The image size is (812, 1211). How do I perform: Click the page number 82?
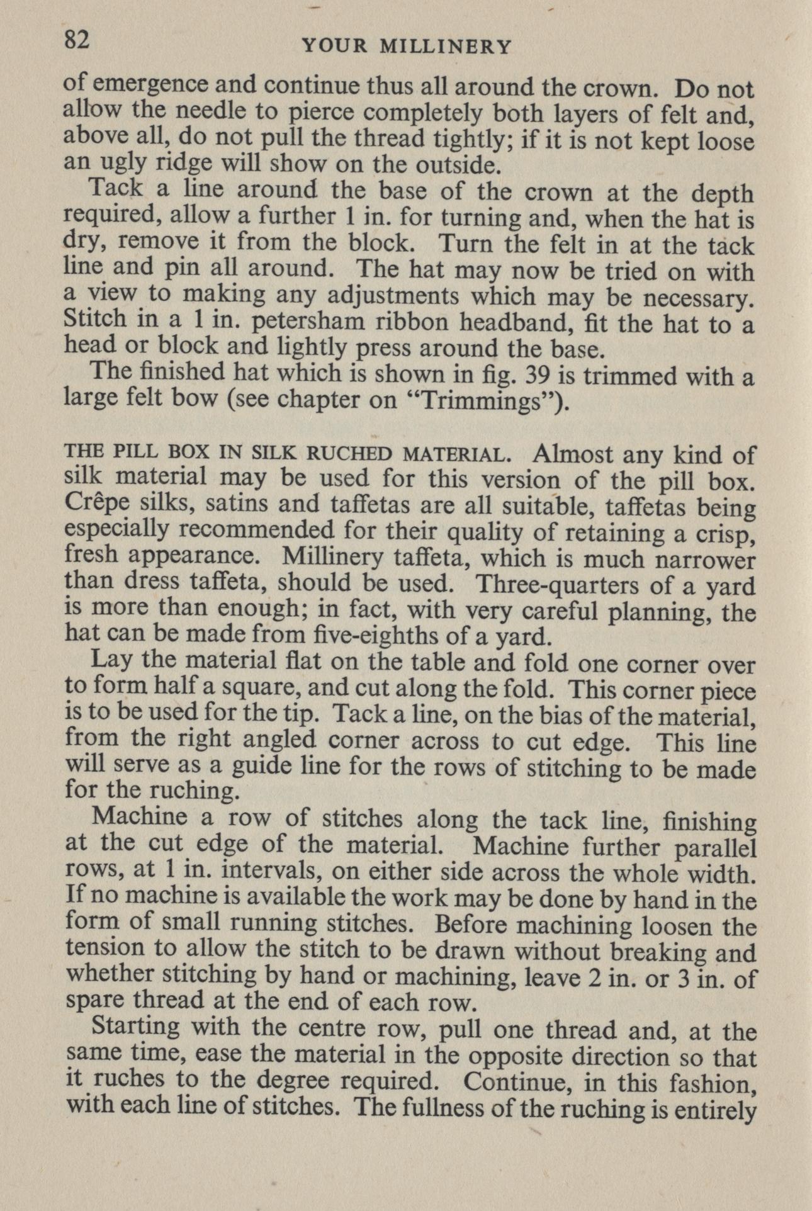click(77, 40)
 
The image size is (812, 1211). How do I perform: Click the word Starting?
click(135, 1027)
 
